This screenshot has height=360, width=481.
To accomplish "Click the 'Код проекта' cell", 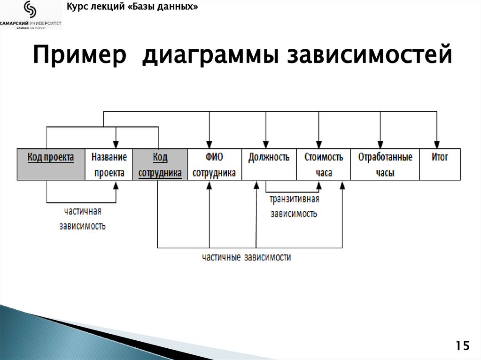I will point(51,164).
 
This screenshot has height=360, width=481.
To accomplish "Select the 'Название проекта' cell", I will point(109,164).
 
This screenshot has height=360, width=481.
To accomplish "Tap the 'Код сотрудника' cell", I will point(160,164).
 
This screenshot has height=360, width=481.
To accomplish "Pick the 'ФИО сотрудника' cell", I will point(214,164).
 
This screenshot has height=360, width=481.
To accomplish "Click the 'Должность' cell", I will point(269,164).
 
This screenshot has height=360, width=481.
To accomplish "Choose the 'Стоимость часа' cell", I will point(323,164).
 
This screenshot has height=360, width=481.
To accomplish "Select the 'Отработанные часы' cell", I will point(385,164).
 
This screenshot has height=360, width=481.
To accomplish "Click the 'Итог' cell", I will point(440,164).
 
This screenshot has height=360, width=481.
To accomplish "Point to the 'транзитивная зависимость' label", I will point(294,207).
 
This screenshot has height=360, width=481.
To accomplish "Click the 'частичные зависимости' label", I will point(246,258).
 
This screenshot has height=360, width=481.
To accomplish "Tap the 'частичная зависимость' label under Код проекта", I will point(82,218).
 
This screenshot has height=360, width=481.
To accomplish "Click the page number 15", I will point(462,346).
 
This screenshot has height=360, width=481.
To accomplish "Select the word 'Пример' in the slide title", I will point(80,56).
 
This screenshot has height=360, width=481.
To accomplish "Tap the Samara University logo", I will point(31,15).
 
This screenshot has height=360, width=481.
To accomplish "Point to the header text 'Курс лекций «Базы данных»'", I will point(132,7).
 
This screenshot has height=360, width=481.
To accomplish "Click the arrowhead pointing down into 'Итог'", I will point(437,145).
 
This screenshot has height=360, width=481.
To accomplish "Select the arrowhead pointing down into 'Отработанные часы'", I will point(380,145).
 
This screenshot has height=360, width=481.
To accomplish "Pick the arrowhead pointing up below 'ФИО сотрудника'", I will point(209,184).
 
